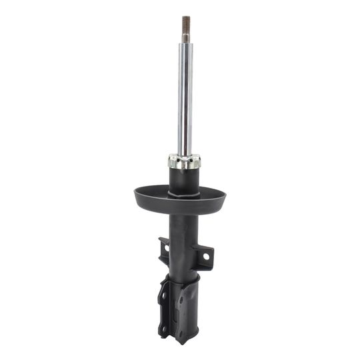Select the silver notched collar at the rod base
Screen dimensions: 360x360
pyautogui.click(x=184, y=161)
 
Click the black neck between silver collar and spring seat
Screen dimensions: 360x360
pyautogui.click(x=184, y=179)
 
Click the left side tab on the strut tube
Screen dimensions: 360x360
pyautogui.click(x=164, y=248)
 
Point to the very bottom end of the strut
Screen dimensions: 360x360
pyautogui.click(x=181, y=341)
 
